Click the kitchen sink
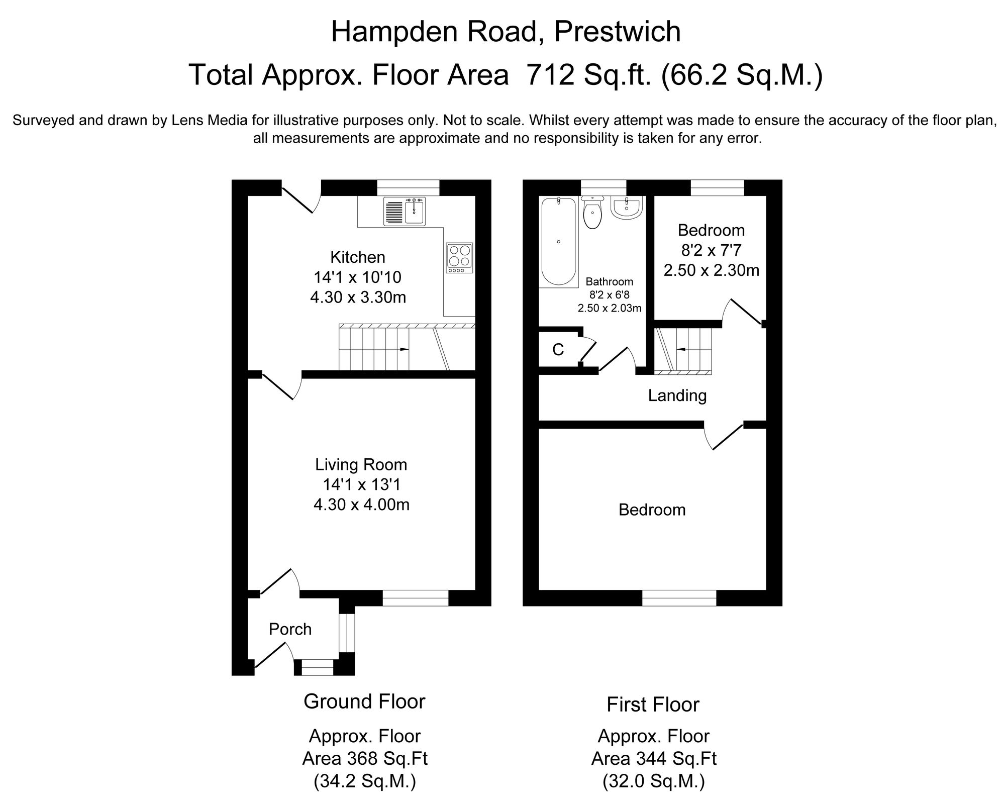point(405,211)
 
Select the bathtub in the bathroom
point(558,242)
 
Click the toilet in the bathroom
point(593,213)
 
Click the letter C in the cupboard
point(558,350)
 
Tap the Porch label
point(290,629)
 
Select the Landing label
point(677,395)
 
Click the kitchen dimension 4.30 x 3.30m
point(358,297)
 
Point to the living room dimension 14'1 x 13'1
point(361,484)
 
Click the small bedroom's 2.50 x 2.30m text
point(711,270)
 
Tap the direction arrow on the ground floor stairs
point(404,349)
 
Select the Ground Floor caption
point(364,701)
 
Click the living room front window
point(416,598)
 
